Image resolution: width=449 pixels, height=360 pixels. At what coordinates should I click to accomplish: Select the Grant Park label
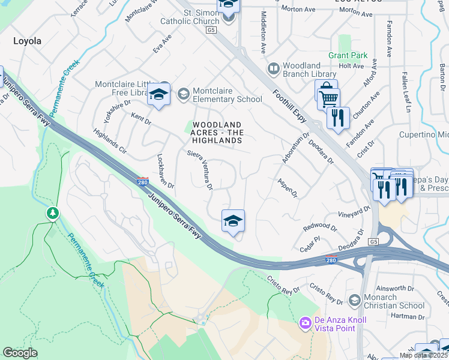[x=348, y=55]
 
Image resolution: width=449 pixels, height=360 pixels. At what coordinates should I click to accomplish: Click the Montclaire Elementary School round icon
[x=183, y=94]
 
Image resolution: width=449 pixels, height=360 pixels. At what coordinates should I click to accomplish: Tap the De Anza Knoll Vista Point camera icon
[x=305, y=323]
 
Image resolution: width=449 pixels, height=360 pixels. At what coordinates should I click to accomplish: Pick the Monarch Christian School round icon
[x=355, y=299]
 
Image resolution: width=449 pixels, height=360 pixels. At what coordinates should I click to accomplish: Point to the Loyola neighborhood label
[x=28, y=41]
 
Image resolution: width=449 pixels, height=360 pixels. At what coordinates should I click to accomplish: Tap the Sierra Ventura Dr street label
[x=201, y=170]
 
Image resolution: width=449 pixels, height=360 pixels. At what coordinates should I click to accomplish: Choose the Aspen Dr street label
[x=287, y=188]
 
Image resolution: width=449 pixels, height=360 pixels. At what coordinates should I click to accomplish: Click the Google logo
[x=20, y=353]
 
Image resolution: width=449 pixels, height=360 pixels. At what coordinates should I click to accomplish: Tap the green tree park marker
[x=53, y=213]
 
